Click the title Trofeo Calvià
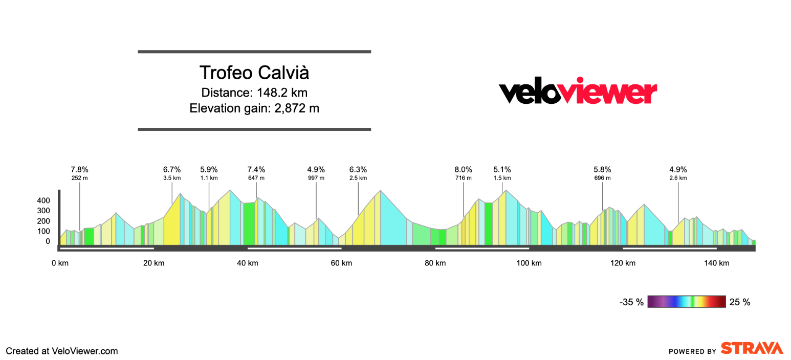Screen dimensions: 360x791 pos(254,73)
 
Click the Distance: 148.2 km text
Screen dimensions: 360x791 pos(254,93)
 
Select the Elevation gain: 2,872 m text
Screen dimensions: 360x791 pos(254,108)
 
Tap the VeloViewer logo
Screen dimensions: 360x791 pos(578,92)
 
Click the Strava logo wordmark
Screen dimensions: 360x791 pos(752,349)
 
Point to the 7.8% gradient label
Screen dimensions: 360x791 pos(80,170)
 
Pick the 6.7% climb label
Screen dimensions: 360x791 pos(172,170)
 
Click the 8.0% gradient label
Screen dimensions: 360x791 pos(464,170)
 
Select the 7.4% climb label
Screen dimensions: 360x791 pos(256,170)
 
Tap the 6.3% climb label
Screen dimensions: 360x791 pos(358,170)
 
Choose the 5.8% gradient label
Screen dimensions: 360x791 pos(602,170)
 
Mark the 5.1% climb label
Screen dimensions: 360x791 pos(502,170)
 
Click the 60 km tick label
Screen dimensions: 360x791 pos(341,263)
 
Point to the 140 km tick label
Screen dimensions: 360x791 pos(716,263)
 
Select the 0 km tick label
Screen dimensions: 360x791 pos(60,263)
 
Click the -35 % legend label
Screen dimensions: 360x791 pos(632,302)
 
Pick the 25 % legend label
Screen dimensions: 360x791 pos(740,302)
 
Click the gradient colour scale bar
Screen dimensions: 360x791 pos(687,302)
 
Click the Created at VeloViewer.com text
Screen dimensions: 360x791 pos(62,351)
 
